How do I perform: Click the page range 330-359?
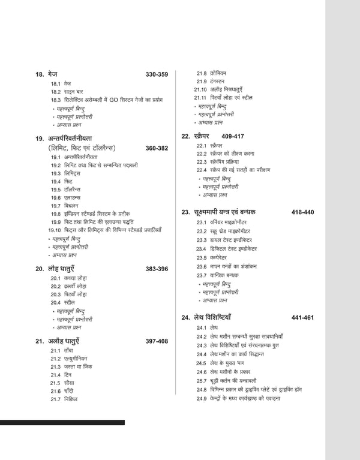click(157, 74)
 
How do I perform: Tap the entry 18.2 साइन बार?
click(65, 92)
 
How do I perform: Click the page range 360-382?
click(157, 148)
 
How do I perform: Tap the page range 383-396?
click(157, 269)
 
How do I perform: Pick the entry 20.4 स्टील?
click(63, 303)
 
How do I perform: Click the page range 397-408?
click(157, 341)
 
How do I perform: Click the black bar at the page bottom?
click(62, 423)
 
